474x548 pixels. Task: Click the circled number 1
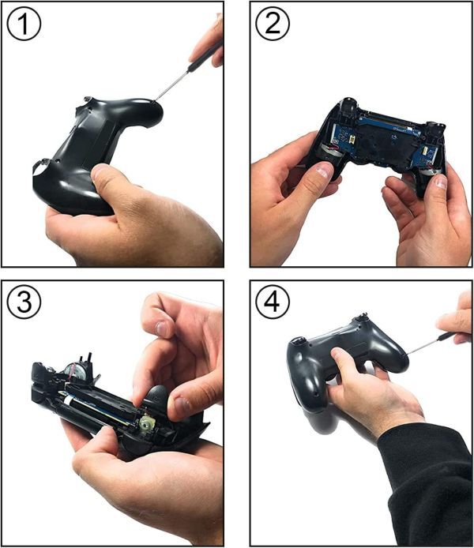click(x=24, y=24)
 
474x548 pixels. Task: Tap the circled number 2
click(x=273, y=24)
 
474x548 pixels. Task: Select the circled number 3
click(x=24, y=302)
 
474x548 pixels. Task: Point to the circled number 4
click(x=273, y=302)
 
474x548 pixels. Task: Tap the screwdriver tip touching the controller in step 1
click(x=155, y=100)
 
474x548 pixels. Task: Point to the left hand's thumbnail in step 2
click(x=324, y=171)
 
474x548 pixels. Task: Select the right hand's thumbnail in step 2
click(x=441, y=182)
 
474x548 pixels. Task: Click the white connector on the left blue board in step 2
click(x=352, y=141)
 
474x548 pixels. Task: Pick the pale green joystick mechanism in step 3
click(x=146, y=422)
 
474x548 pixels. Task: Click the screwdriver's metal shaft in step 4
click(x=423, y=347)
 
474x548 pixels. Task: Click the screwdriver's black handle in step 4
click(x=447, y=336)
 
